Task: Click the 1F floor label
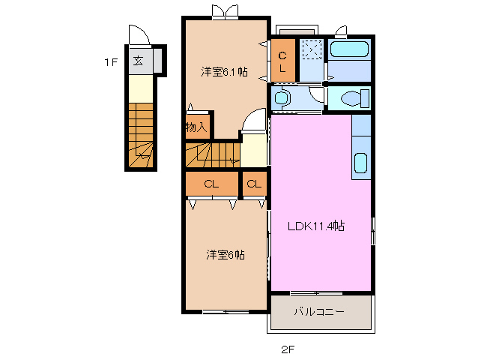pos(111,63)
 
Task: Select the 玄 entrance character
pos(139,61)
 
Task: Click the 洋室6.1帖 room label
pos(224,72)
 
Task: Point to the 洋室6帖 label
pos(226,255)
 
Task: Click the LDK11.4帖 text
pos(316,226)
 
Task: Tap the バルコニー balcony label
pos(318,311)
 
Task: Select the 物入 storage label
pos(196,127)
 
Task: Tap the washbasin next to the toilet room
pos(282,97)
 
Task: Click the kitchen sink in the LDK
pos(360,163)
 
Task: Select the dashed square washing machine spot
pos(311,49)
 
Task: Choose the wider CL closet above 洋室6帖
pos(211,184)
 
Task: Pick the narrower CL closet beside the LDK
pos(254,184)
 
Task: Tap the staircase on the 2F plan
pos(212,154)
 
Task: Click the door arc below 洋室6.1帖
pos(255,122)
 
